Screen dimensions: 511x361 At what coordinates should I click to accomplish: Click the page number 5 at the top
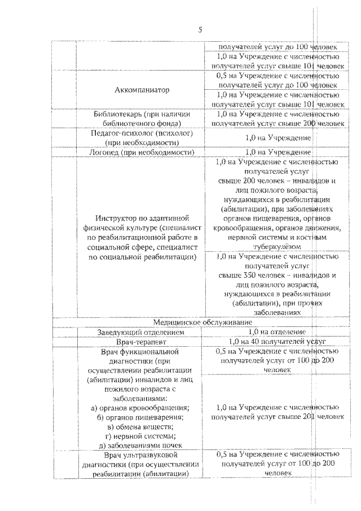point(200,30)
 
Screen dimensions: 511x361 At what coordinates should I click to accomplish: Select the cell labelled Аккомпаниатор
point(140,90)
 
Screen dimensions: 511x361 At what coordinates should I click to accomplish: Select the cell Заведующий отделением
point(140,332)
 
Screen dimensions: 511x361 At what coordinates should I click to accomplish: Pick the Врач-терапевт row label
point(140,342)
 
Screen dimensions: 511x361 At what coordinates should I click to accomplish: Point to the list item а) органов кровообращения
point(140,408)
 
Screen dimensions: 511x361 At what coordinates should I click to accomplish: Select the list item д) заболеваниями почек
point(140,444)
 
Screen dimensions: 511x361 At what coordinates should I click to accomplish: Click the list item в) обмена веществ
point(140,426)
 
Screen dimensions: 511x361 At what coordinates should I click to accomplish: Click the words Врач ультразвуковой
point(140,455)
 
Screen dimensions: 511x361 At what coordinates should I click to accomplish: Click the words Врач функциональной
point(140,352)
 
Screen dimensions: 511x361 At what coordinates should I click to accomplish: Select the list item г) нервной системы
point(140,435)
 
